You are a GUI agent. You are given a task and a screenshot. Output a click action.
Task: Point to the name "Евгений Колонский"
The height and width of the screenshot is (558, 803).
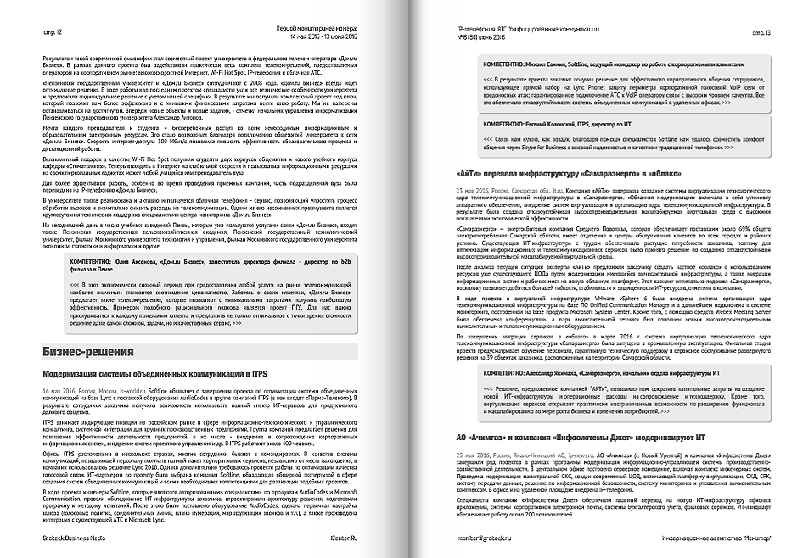pos(547,123)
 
